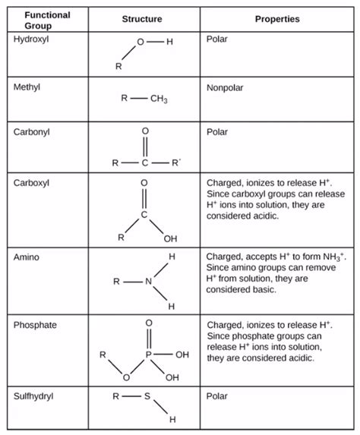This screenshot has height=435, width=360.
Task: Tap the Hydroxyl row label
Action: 30,39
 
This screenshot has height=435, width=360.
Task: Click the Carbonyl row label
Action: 31,131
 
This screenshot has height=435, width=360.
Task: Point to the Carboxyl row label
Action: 31,183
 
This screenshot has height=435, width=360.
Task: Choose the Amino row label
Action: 26,257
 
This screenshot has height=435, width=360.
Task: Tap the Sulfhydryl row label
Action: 33,396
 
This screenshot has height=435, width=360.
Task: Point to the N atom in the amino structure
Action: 149,282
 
